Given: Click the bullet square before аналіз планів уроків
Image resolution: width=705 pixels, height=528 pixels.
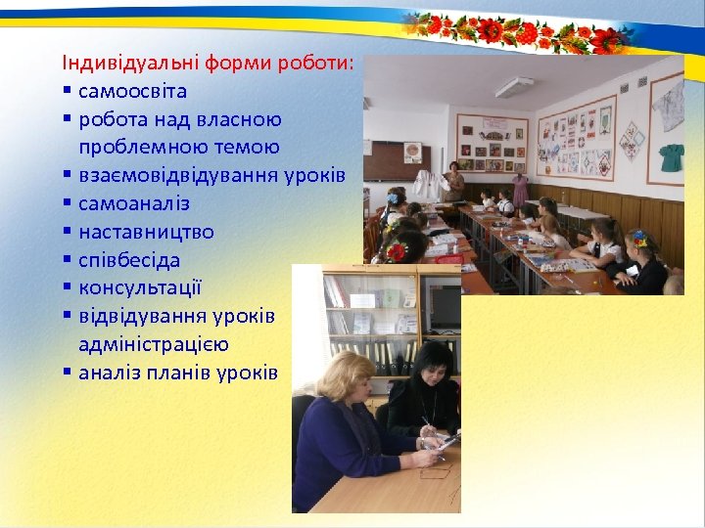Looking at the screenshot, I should click(x=67, y=374).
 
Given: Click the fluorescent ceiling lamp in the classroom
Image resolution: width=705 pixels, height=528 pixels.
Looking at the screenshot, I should click(x=513, y=87).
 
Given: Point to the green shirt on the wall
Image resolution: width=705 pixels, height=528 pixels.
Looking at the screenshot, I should click(x=671, y=156).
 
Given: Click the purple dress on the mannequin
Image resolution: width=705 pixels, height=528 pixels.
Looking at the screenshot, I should click(x=520, y=189).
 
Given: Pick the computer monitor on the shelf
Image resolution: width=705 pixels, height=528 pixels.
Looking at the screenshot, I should click(x=445, y=307).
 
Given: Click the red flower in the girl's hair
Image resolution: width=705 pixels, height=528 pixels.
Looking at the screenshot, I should click(x=396, y=252).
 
